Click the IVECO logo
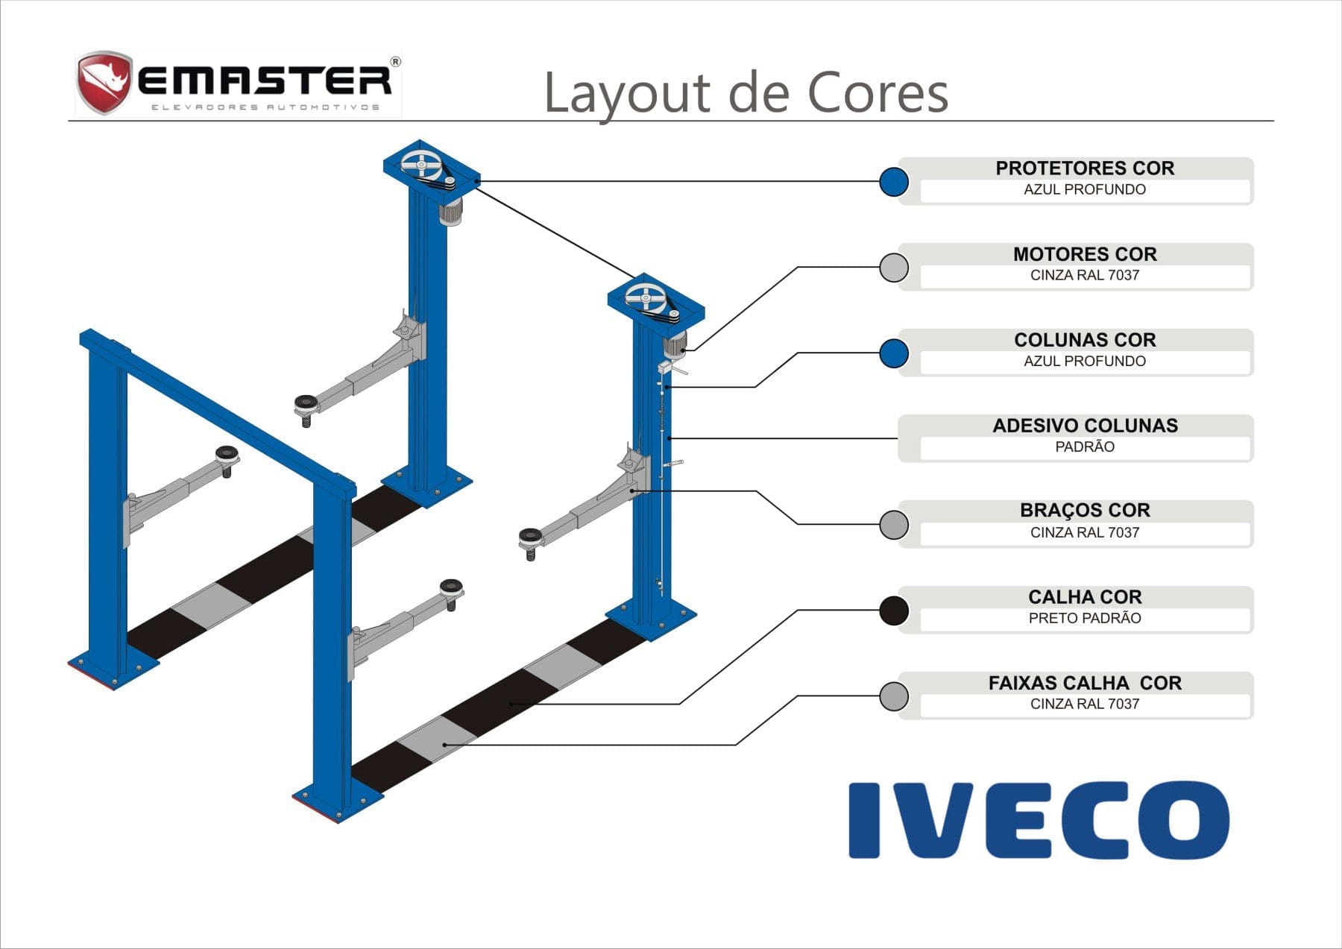(x=1039, y=820)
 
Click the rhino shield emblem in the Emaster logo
(x=103, y=81)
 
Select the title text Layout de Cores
(x=746, y=92)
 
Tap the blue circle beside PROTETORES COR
(x=893, y=181)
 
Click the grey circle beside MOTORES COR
(x=893, y=267)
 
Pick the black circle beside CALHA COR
(x=893, y=610)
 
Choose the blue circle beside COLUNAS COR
(x=893, y=353)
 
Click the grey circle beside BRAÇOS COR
(x=893, y=524)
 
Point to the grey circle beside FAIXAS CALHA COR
(x=893, y=696)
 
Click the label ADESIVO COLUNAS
(x=1085, y=426)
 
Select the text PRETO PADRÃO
(x=1085, y=618)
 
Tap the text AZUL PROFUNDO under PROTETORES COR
(x=1085, y=189)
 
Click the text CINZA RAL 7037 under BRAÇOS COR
(x=1085, y=532)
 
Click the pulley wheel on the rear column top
(x=419, y=165)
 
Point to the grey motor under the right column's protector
(x=675, y=344)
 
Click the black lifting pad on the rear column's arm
(x=306, y=403)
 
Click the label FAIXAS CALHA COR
(x=1085, y=683)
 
